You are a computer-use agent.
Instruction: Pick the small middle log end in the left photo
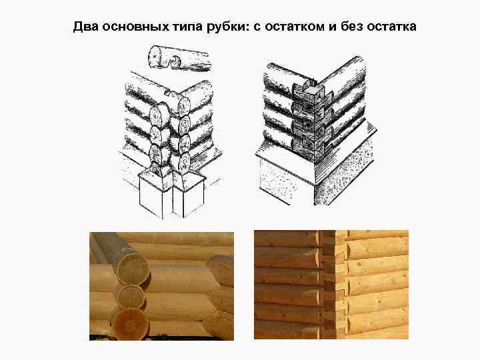[131, 294]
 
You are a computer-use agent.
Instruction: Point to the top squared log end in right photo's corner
[328, 238]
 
